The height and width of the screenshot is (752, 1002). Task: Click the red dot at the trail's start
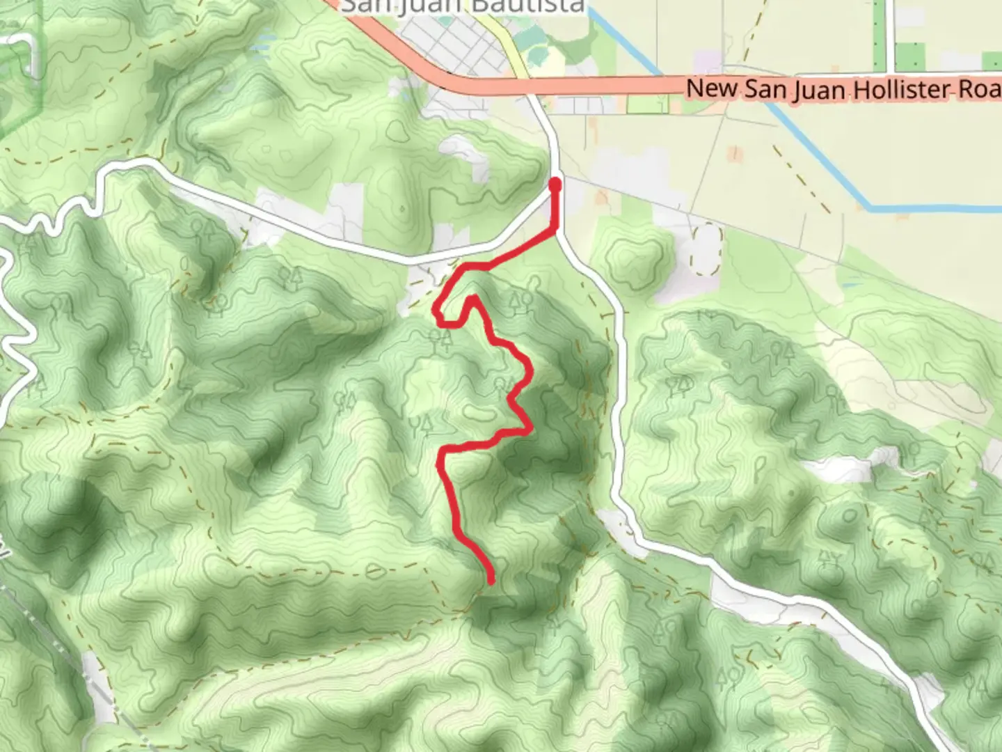[555, 185]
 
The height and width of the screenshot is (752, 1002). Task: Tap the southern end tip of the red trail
[491, 581]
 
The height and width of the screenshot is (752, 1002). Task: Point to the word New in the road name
[712, 88]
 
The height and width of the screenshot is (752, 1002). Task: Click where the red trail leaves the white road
[555, 230]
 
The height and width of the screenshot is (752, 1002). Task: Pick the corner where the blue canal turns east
[870, 207]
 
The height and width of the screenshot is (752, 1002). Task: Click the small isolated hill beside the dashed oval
[633, 259]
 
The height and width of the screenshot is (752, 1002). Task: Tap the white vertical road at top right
[890, 35]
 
